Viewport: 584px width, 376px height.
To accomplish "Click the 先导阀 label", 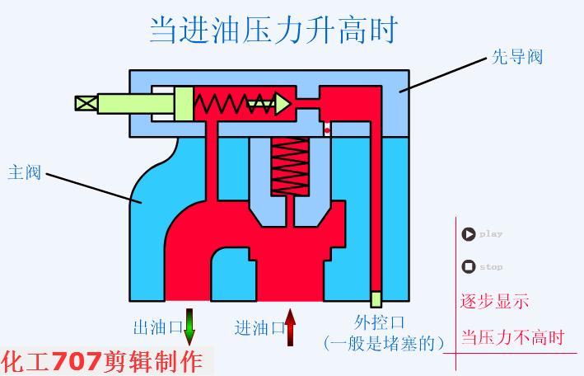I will pyautogui.click(x=516, y=57).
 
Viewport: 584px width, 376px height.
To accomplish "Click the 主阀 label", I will pyautogui.click(x=24, y=172).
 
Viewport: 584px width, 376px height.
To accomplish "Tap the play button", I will pyautogui.click(x=469, y=234).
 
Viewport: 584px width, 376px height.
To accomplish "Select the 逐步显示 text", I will pyautogui.click(x=494, y=301).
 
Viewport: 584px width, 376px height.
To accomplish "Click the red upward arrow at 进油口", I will pyautogui.click(x=290, y=327).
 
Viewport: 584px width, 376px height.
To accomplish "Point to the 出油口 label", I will pyautogui.click(x=157, y=327).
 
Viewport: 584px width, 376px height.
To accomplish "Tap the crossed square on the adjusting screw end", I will pyautogui.click(x=85, y=104).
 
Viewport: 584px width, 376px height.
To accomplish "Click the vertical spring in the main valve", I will pyautogui.click(x=288, y=169).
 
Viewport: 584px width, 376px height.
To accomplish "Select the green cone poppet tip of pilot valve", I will pyautogui.click(x=283, y=104).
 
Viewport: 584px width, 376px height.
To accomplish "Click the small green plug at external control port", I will pyautogui.click(x=376, y=298).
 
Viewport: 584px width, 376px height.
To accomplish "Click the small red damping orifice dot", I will pyautogui.click(x=327, y=129).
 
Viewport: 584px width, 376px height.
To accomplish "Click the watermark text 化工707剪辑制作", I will pyautogui.click(x=102, y=361).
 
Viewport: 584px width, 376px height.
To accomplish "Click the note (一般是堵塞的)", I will pyautogui.click(x=384, y=341).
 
